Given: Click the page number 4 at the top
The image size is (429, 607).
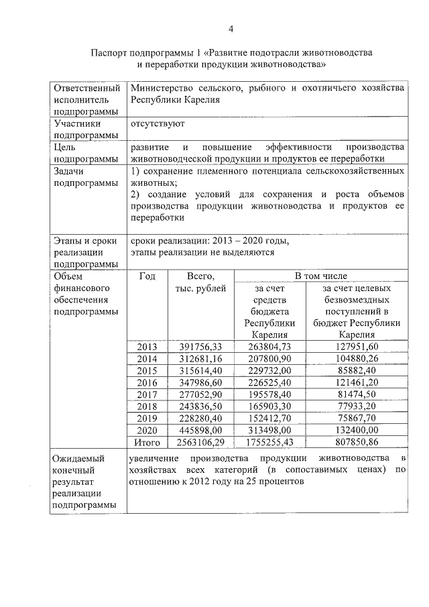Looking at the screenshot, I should tap(231, 29).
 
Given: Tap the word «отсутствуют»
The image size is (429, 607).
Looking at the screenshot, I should tap(158, 124).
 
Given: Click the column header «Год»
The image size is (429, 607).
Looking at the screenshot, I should tap(147, 276).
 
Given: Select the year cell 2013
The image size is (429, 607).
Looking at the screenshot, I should tap(147, 347).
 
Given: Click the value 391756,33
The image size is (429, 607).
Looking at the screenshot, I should tap(200, 347).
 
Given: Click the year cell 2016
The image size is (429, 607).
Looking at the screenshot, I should tap(147, 383).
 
